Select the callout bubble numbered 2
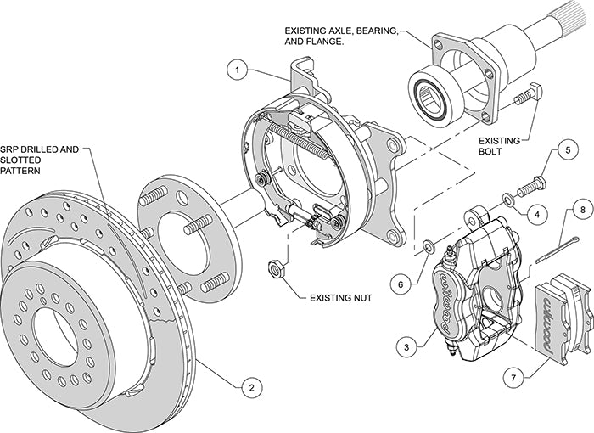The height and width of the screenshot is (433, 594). (248, 388)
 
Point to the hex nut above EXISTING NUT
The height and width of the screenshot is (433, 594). (276, 268)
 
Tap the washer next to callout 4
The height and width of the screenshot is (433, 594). (507, 200)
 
